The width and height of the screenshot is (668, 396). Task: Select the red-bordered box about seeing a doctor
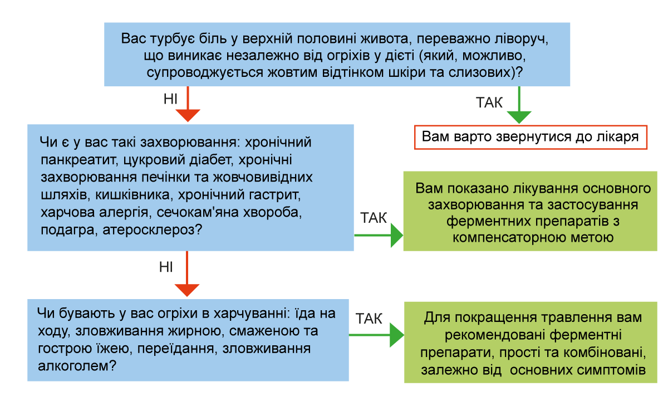click(x=531, y=137)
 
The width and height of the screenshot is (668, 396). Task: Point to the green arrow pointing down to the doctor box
click(x=519, y=105)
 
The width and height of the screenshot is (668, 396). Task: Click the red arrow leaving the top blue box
click(x=188, y=104)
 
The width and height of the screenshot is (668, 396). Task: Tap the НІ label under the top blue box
click(x=170, y=99)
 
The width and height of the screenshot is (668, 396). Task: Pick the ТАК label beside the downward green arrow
click(x=489, y=102)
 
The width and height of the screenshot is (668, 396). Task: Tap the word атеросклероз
click(x=152, y=230)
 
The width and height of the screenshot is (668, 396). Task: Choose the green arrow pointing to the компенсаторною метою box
click(x=379, y=236)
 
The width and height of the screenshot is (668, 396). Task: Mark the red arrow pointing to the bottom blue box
click(x=187, y=273)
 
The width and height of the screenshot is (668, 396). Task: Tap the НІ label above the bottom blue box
click(x=166, y=267)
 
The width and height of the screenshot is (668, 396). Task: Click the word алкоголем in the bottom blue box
click(x=77, y=366)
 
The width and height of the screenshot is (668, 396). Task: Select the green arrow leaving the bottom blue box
click(x=376, y=335)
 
